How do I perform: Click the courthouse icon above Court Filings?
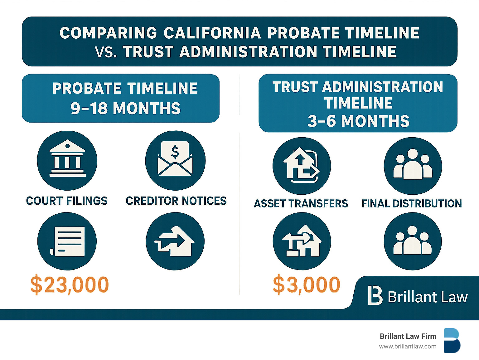(x=67, y=160)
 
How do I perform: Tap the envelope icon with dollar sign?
(x=175, y=160)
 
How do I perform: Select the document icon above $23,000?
(x=67, y=241)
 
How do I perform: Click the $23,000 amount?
(x=70, y=285)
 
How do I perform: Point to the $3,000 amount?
(x=306, y=285)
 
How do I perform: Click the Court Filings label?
(x=67, y=201)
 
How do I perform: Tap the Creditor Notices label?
(x=176, y=201)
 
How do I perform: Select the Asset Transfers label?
(x=301, y=204)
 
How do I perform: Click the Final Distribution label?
(x=412, y=204)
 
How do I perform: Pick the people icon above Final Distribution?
(x=413, y=166)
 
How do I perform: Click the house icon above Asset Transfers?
(x=302, y=166)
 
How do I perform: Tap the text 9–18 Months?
(x=125, y=109)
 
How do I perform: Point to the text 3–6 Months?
(x=358, y=121)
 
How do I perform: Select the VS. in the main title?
(x=106, y=52)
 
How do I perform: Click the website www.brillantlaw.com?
(x=408, y=346)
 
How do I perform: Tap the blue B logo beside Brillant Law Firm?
(x=452, y=340)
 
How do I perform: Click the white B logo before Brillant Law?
(x=375, y=295)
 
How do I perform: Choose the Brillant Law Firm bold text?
(x=408, y=336)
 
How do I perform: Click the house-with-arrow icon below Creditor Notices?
(x=175, y=241)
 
